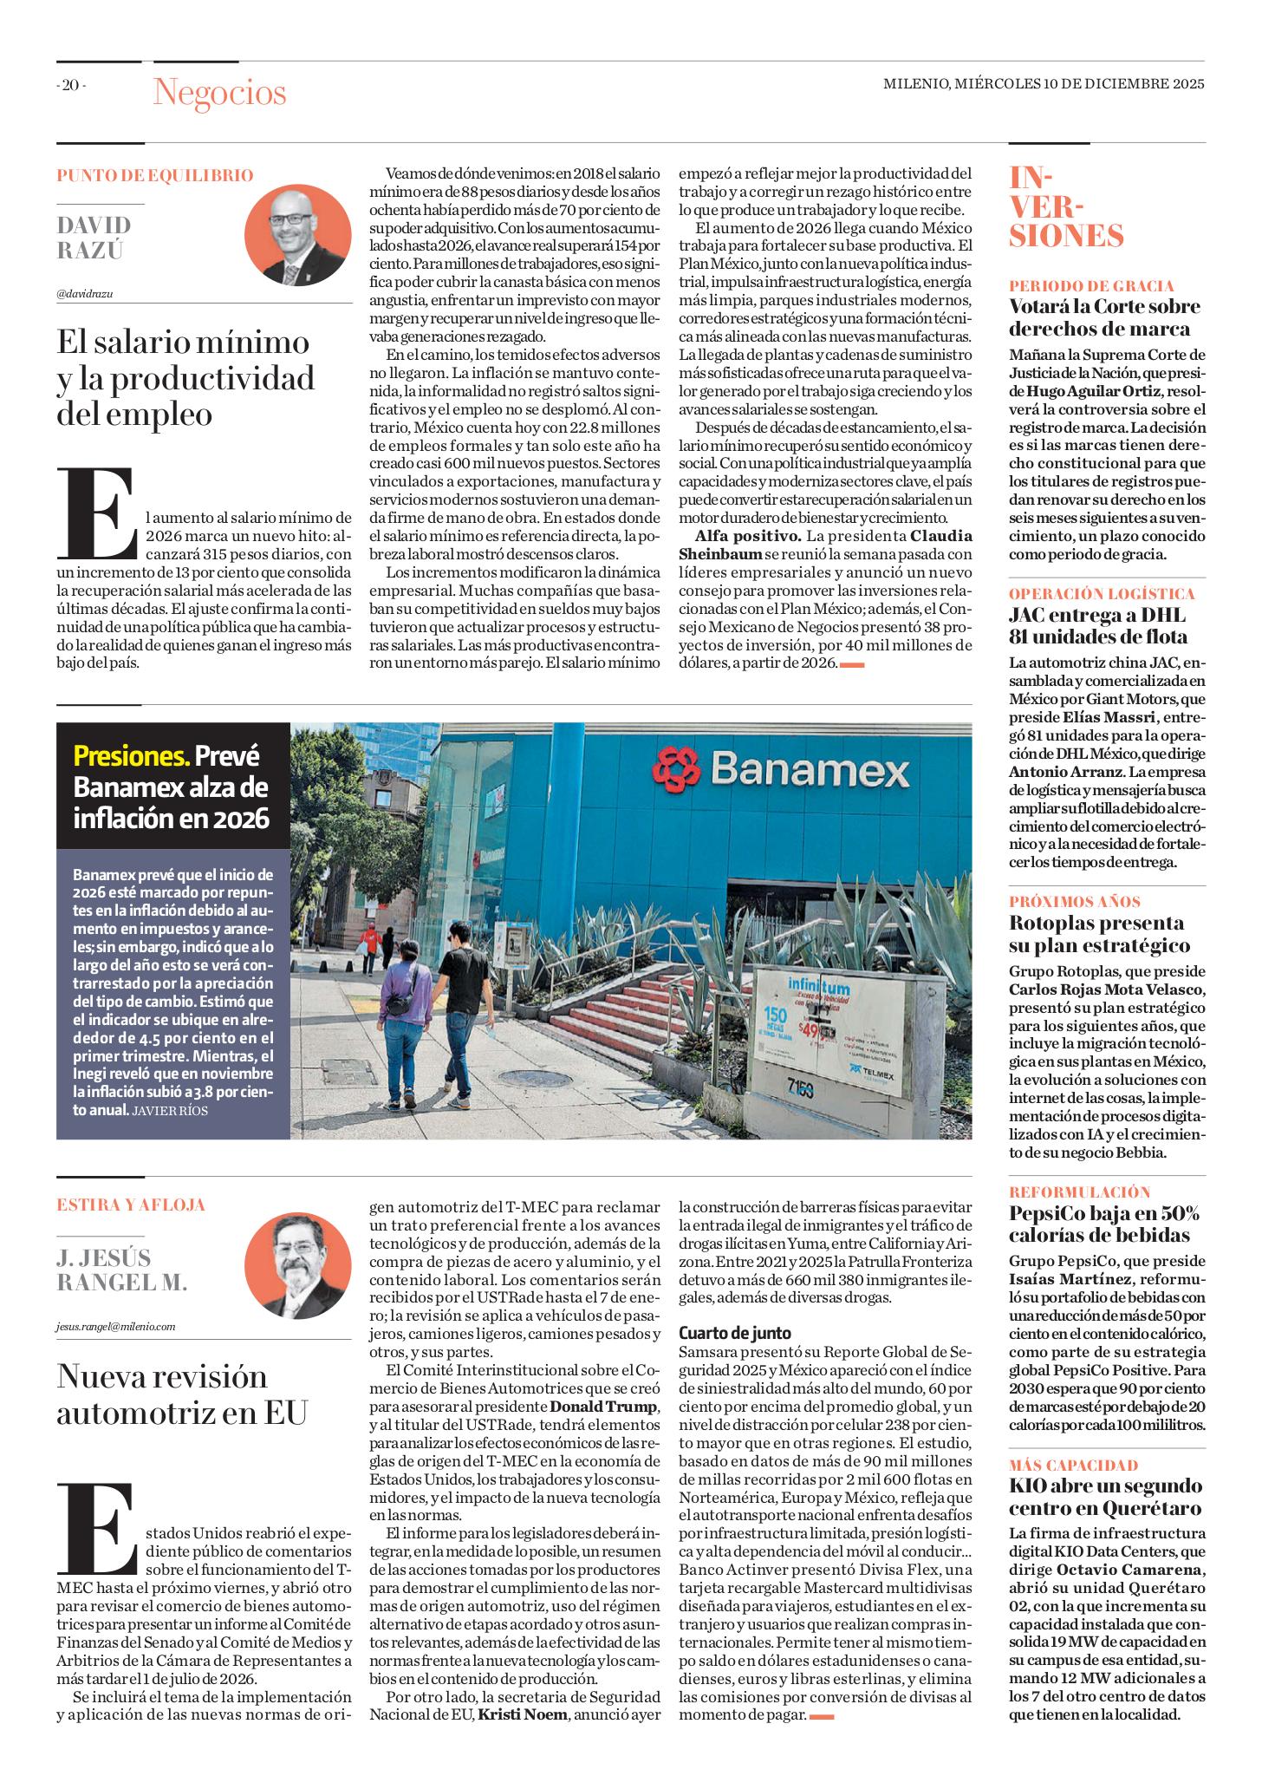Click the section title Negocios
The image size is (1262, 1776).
coord(219,93)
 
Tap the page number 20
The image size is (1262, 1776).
coord(71,85)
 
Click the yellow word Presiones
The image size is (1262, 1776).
coord(131,756)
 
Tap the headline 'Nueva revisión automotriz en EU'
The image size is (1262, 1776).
coord(183,1394)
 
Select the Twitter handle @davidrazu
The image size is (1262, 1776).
coord(85,293)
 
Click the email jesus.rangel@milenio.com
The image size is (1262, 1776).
coord(114,1326)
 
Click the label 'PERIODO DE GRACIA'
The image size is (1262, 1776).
coord(1091,285)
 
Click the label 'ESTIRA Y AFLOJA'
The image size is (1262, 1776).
coord(131,1205)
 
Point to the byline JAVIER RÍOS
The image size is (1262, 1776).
coord(170,1109)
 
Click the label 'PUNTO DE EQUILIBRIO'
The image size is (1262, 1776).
coord(155,176)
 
